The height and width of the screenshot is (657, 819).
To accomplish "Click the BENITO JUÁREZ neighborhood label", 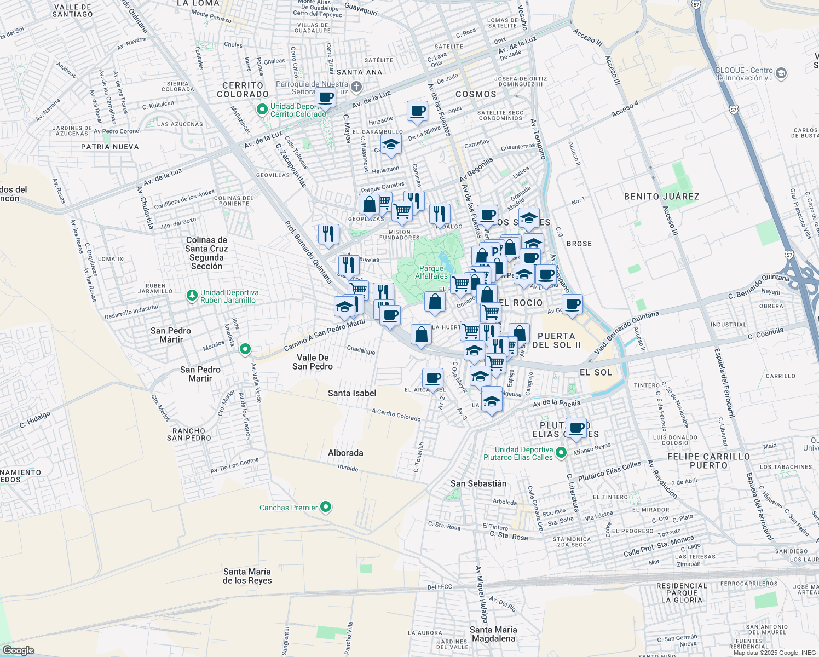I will click(661, 197).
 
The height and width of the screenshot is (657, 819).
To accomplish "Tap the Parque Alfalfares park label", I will click(431, 272).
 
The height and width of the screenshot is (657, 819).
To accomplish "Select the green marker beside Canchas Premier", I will click(326, 507).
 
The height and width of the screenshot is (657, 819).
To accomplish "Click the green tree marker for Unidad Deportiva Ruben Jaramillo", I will click(192, 296).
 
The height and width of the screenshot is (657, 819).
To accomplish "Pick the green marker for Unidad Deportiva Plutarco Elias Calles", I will click(561, 453).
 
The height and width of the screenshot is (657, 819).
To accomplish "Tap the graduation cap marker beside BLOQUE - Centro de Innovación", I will click(781, 73).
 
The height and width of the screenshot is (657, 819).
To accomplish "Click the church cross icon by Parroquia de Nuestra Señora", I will click(356, 87).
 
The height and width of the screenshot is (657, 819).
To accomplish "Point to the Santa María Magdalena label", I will click(493, 634).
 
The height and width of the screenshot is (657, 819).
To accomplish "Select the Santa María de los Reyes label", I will click(247, 576).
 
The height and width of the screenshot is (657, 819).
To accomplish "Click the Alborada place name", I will click(345, 453).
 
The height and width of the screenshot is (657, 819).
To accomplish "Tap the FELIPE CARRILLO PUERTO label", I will click(708, 460).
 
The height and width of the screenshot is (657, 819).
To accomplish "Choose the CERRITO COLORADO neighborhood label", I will click(243, 90).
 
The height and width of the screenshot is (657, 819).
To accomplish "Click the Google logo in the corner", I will click(18, 650).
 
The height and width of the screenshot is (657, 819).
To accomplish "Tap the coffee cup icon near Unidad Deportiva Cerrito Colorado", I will click(326, 98).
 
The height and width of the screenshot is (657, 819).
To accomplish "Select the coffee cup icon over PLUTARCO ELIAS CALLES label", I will click(576, 428).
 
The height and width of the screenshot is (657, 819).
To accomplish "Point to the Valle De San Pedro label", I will click(313, 362).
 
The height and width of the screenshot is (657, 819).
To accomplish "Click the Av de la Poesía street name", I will click(556, 404).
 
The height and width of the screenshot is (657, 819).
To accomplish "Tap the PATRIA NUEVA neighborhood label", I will click(110, 147).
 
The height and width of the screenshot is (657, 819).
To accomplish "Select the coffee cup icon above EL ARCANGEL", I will click(432, 378).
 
